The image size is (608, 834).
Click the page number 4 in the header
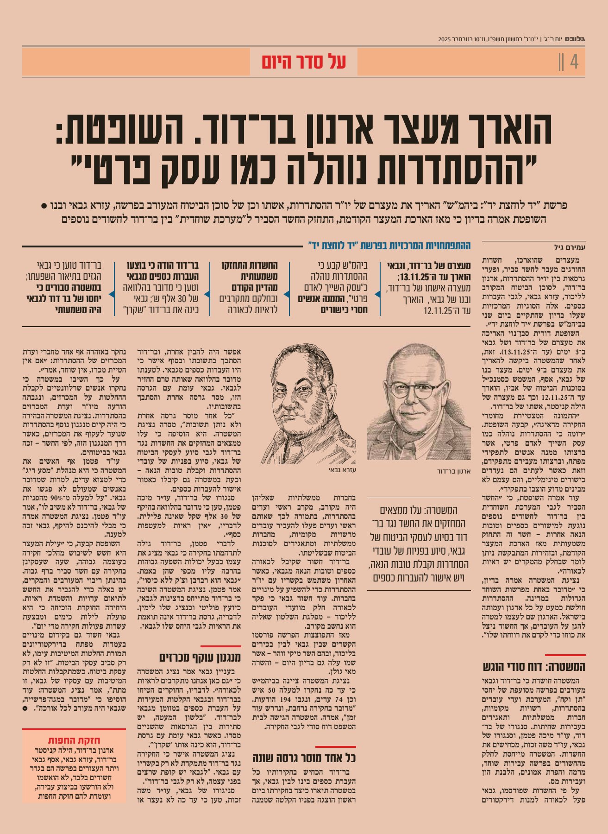574,61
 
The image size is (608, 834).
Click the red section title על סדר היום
304,62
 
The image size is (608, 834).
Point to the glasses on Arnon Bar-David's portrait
417,389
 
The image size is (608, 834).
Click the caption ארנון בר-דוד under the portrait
454,471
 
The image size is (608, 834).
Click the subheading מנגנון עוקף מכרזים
200,657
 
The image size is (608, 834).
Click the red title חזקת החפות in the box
74,740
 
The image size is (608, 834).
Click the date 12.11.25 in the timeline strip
438,310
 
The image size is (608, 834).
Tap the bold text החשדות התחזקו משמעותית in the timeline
257,271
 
